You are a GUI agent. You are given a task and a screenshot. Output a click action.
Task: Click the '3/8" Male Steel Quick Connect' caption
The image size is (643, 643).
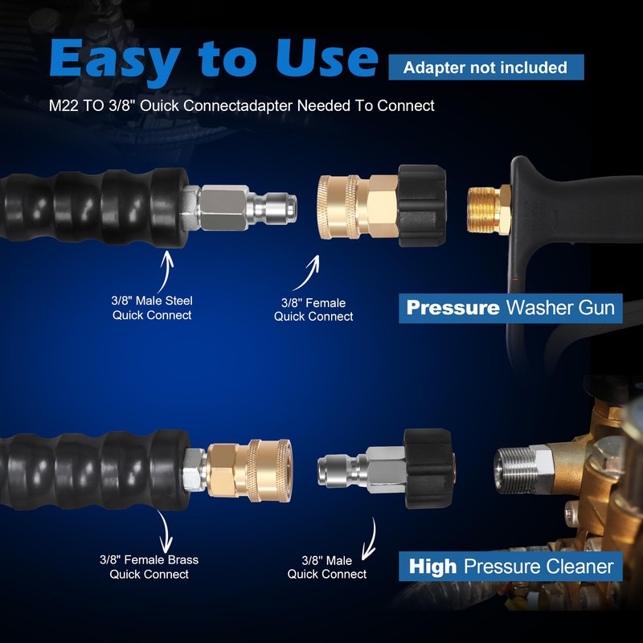click(152, 308)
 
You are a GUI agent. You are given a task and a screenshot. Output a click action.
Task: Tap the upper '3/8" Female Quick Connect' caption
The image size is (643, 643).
click(313, 309)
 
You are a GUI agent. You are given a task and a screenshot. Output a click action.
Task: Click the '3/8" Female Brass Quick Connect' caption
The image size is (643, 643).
click(149, 567)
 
